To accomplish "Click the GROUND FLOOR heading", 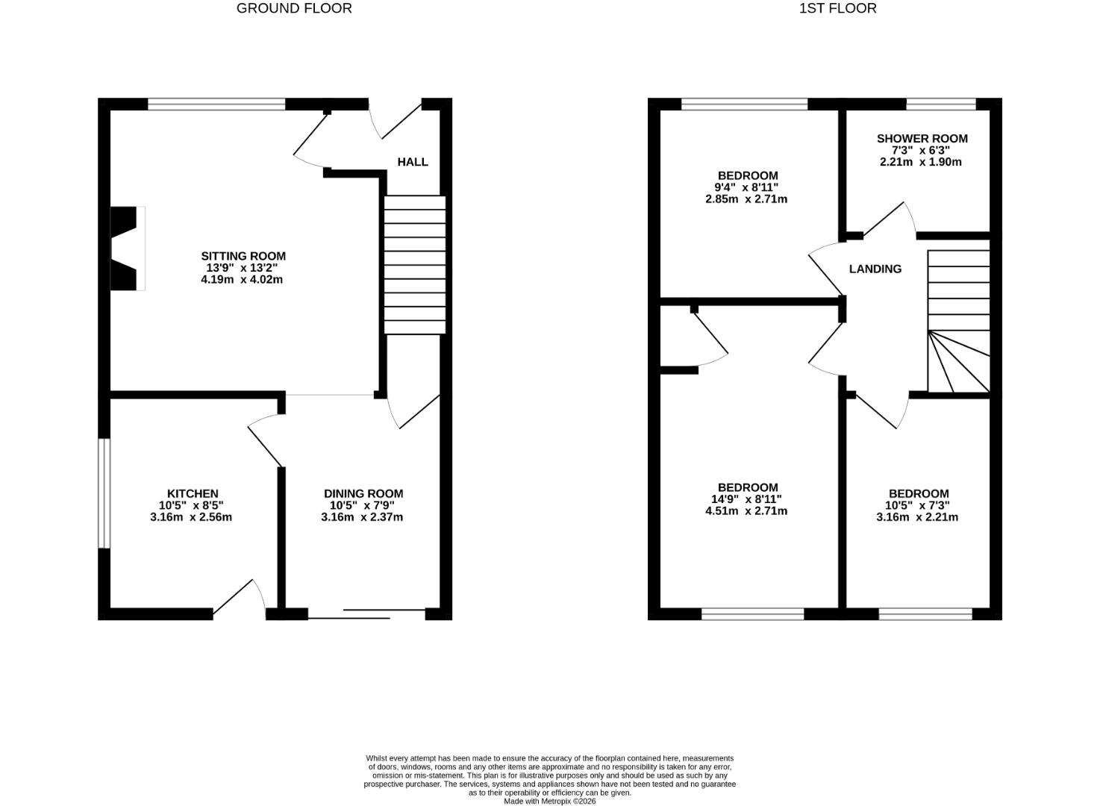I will pos(294,9).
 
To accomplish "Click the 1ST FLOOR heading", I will pos(837,9).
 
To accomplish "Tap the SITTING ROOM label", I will pos(243,256).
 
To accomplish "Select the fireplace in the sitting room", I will pos(127,248).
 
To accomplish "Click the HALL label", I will pos(413,162).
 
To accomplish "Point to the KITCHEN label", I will pos(193,493).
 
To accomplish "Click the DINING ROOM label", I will pos(363,493).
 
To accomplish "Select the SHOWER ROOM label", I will pos(922,138).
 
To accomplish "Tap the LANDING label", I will pos(875,269).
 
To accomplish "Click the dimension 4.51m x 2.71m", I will pos(746,511).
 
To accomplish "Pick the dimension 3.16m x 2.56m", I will pos(191,517).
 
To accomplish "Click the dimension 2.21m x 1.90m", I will pos(920,161).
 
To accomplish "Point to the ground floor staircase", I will pos(414,265).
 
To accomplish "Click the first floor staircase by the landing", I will pos(958,321).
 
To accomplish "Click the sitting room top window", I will pos(216,104).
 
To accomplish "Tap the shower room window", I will pos(940,104).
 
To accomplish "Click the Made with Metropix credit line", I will pos(549,802).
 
